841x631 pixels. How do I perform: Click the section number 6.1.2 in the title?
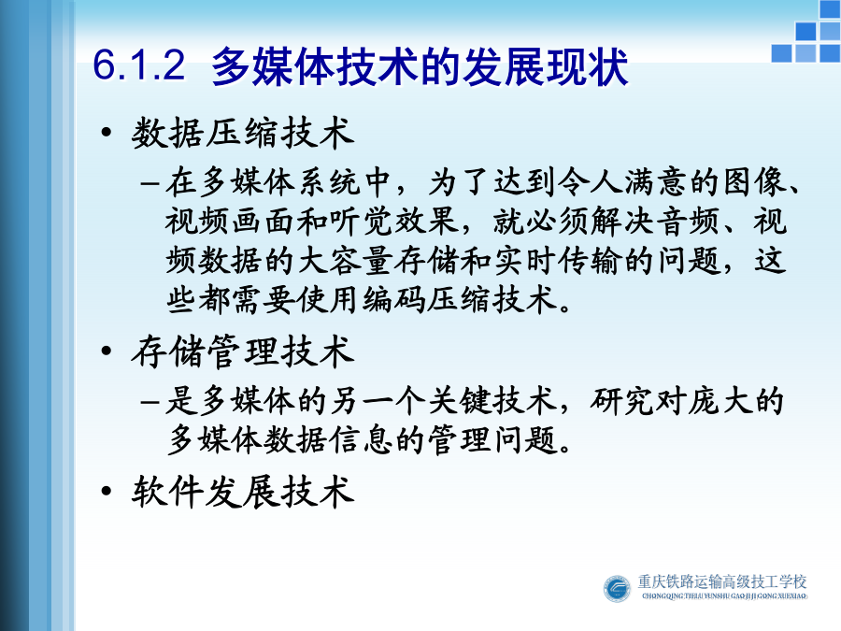(x=139, y=65)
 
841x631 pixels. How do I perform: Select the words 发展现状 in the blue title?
(x=543, y=67)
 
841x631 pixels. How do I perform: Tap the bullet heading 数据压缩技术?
(x=242, y=133)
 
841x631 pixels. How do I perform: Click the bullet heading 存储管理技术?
(x=242, y=351)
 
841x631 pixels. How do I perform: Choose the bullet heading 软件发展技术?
(x=242, y=491)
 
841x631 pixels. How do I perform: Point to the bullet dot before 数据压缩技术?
(x=107, y=132)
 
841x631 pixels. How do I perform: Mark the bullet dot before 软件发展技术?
(x=107, y=491)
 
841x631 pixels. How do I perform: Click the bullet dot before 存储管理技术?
(x=107, y=351)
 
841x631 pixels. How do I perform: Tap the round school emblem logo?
(x=617, y=588)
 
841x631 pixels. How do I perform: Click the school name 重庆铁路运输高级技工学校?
(x=722, y=581)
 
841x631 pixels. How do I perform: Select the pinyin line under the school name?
(x=724, y=595)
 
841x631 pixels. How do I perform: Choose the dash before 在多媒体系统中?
(x=150, y=183)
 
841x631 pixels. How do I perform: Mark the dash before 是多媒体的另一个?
(x=150, y=402)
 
